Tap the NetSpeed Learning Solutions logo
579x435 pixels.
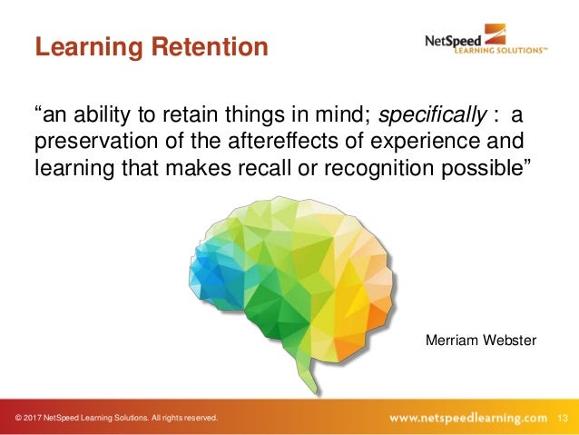[485, 42]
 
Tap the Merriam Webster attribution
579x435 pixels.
[481, 339]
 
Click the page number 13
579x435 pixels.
[563, 418]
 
